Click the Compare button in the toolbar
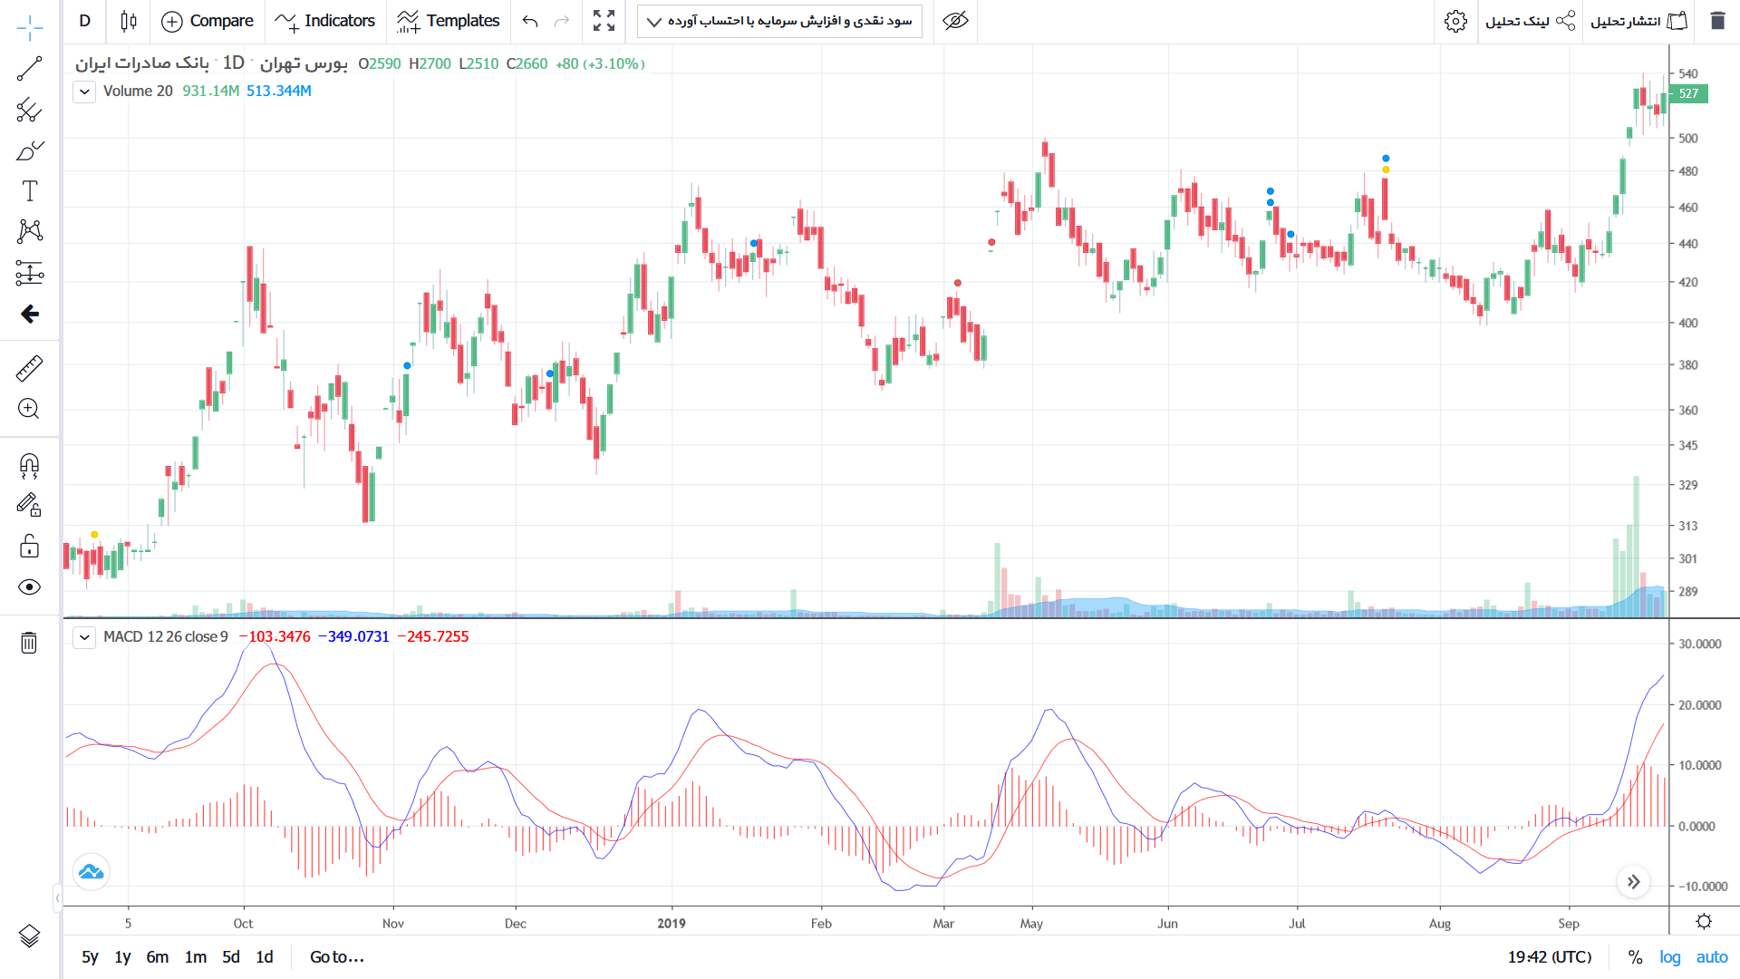(208, 21)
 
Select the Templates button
(449, 21)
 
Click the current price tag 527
(1688, 93)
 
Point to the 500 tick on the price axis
(1688, 139)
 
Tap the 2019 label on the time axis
(672, 923)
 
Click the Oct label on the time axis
(243, 923)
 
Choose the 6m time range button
(158, 956)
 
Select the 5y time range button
(90, 956)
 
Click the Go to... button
(337, 956)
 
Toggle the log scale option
(1669, 957)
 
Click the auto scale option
(1712, 957)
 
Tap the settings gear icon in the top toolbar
(1455, 21)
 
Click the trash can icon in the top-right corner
(1717, 21)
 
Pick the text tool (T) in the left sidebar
(29, 191)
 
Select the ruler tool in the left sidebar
(29, 368)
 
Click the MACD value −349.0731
(353, 636)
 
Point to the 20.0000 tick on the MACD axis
(1699, 705)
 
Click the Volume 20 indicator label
(138, 91)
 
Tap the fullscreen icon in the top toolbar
(604, 21)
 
